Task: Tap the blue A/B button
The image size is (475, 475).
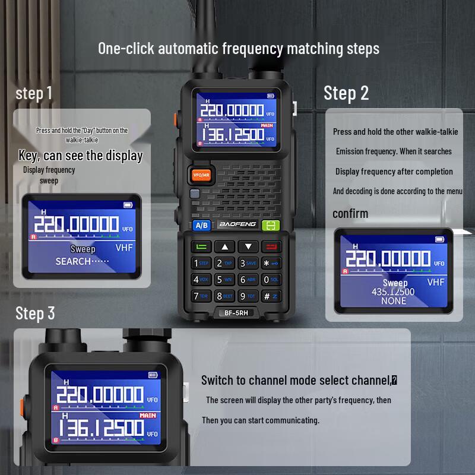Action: point(201,225)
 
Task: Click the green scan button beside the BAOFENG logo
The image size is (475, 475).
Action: point(271,225)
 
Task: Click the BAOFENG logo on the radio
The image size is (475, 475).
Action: point(237,224)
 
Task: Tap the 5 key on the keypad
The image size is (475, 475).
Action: point(224,279)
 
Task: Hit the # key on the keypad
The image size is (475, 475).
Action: point(270,296)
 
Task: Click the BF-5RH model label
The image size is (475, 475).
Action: point(236,313)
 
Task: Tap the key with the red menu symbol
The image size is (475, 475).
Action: point(271,246)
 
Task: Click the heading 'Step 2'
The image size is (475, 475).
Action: point(346,93)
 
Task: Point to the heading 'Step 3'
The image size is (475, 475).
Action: point(35,313)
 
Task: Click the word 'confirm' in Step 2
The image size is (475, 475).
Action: point(350,213)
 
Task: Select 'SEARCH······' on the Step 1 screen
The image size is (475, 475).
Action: point(82,261)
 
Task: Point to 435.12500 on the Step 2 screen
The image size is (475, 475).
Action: point(393,292)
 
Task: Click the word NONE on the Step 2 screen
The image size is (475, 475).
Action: point(394,301)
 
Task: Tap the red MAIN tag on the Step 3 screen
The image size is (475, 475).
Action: point(148,416)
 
